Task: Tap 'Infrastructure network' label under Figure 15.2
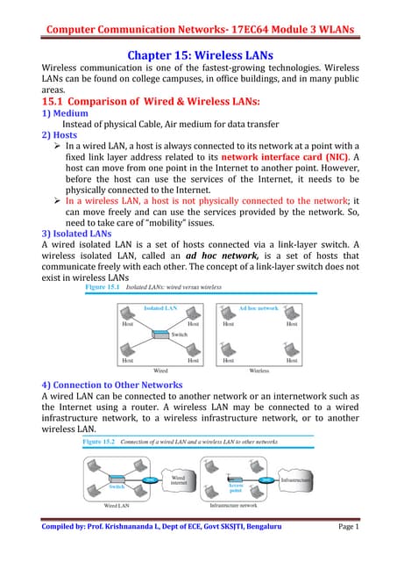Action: pyautogui.click(x=257, y=507)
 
